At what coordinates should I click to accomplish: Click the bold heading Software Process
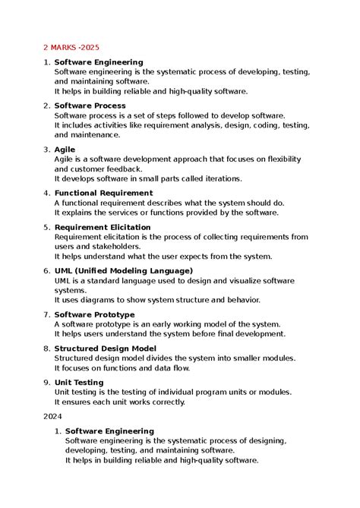(x=90, y=106)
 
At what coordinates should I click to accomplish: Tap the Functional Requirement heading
(x=103, y=193)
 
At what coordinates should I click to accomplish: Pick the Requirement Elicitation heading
(x=103, y=227)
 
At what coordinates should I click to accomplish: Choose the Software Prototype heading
(x=94, y=314)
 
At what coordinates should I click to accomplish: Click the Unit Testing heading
(x=79, y=383)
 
